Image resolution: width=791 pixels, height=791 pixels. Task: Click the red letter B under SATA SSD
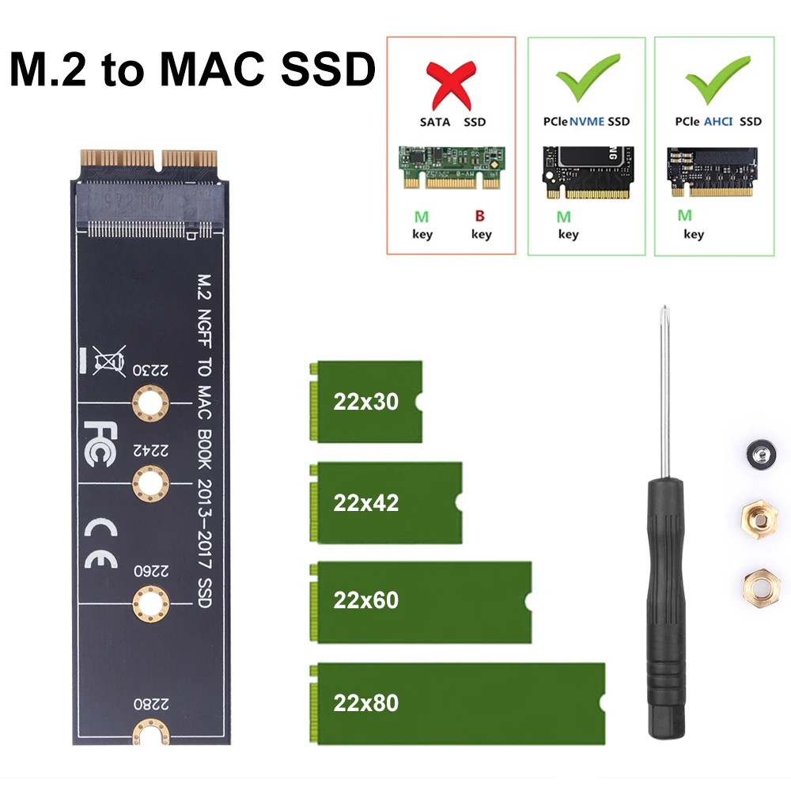coord(480,216)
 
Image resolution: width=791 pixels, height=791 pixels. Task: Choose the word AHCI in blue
coord(718,122)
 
